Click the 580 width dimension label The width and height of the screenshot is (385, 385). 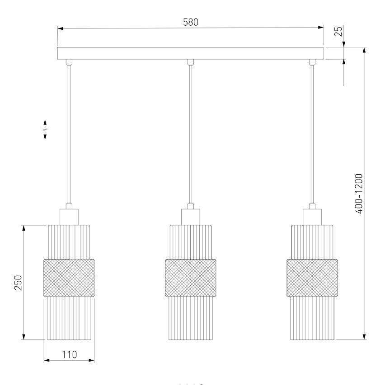click(x=191, y=23)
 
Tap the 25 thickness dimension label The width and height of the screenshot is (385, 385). click(x=338, y=31)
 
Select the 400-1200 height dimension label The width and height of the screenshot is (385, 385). click(x=359, y=194)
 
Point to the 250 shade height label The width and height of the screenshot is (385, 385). click(x=18, y=283)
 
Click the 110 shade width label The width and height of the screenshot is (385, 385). click(x=69, y=355)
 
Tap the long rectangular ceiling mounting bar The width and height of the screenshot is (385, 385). click(x=191, y=53)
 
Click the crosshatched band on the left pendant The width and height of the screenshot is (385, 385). click(x=69, y=278)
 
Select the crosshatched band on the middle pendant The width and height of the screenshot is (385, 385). click(x=191, y=278)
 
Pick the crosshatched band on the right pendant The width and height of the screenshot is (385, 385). click(x=312, y=278)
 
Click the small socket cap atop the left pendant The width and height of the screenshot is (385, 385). click(x=69, y=217)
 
